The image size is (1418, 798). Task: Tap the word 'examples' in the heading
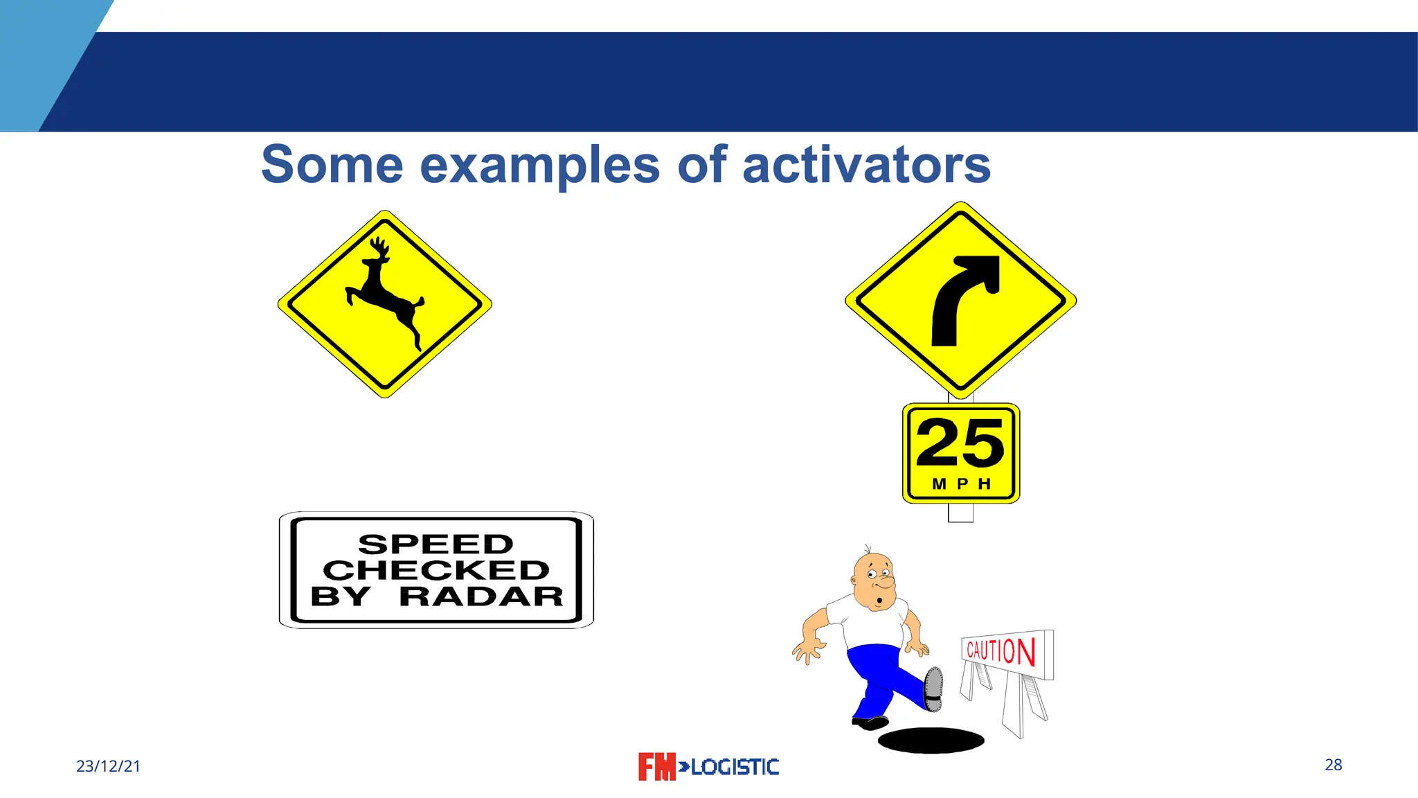click(x=540, y=166)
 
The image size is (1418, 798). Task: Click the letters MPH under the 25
click(x=961, y=484)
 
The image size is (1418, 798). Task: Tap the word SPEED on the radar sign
click(x=436, y=544)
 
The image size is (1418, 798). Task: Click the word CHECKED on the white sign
click(x=436, y=570)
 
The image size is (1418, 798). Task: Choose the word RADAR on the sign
click(x=481, y=596)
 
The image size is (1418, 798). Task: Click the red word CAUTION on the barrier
click(x=1000, y=651)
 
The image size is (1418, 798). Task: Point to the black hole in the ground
click(x=931, y=740)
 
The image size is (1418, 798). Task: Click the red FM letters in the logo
click(x=656, y=767)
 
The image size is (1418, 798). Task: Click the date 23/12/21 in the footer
click(x=108, y=766)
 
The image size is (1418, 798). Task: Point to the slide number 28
click(x=1333, y=765)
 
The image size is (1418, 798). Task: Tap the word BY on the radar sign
click(x=340, y=596)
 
